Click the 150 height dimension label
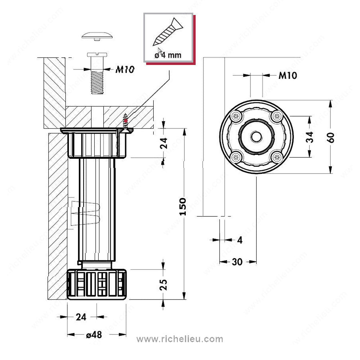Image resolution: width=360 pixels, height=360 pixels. [x=183, y=206]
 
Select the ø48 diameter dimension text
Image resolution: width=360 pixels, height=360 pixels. [x=94, y=334]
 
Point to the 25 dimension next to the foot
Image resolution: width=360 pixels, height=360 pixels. [x=164, y=284]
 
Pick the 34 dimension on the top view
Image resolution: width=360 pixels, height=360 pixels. [x=310, y=137]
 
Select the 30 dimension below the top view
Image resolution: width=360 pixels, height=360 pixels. [x=237, y=262]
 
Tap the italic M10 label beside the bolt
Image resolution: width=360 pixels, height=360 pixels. [x=125, y=69]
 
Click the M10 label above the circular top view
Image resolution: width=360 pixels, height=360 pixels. [x=288, y=76]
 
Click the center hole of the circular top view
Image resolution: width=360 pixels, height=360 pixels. [x=256, y=137]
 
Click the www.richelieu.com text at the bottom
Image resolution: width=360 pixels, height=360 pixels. [x=180, y=339]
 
